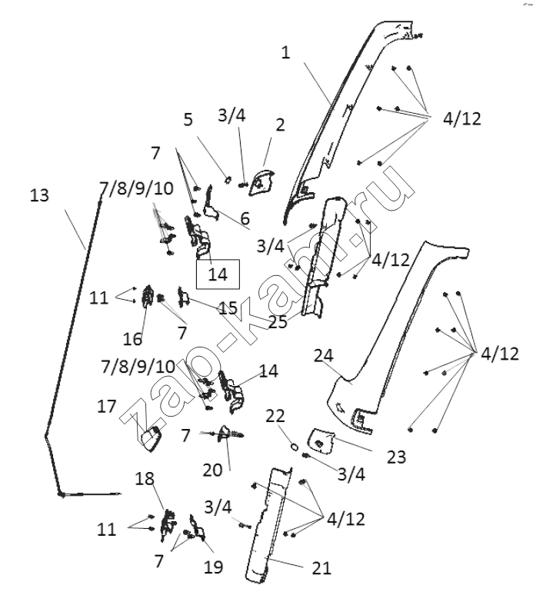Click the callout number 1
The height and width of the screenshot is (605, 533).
click(x=285, y=52)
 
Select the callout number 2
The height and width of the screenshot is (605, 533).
click(x=280, y=125)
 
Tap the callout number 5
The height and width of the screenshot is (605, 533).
click(x=188, y=120)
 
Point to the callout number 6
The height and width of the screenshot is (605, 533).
click(x=245, y=218)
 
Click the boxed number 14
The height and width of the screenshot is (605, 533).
click(x=218, y=274)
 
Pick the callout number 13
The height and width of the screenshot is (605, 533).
click(x=39, y=194)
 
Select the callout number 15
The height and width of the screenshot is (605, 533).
click(x=228, y=308)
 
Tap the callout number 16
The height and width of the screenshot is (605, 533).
click(x=132, y=339)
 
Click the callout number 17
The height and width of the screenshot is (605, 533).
click(x=107, y=406)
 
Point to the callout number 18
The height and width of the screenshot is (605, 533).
click(x=145, y=479)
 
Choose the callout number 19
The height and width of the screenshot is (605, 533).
click(x=214, y=567)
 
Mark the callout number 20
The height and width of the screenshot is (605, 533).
click(x=212, y=470)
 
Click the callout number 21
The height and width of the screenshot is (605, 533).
click(x=321, y=568)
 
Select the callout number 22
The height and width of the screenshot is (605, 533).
click(x=275, y=416)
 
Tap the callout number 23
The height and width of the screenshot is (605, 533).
click(x=396, y=457)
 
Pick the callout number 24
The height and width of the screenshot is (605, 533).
click(x=324, y=355)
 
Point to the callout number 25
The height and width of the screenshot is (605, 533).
click(x=278, y=322)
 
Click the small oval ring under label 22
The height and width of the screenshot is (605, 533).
click(x=294, y=447)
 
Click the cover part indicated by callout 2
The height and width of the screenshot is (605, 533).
click(x=262, y=182)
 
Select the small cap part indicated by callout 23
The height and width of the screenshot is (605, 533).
click(x=321, y=440)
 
